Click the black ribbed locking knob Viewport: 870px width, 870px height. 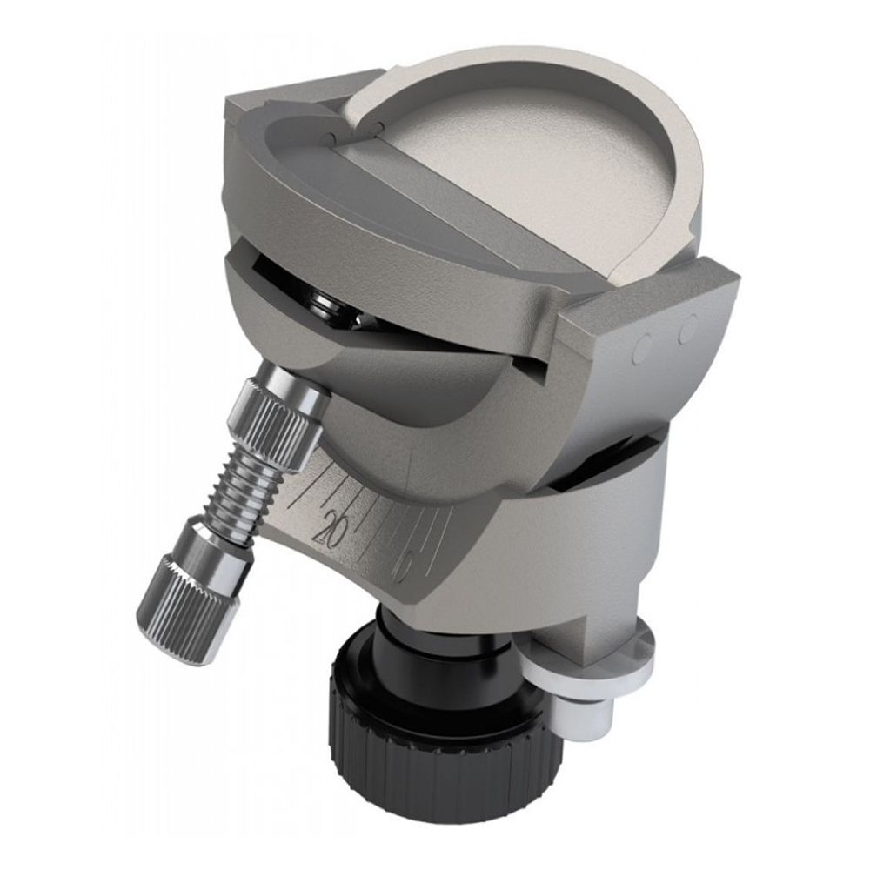pos(435,748)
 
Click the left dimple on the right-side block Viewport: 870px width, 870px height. pos(646,347)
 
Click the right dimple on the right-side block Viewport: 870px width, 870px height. pos(688,330)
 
